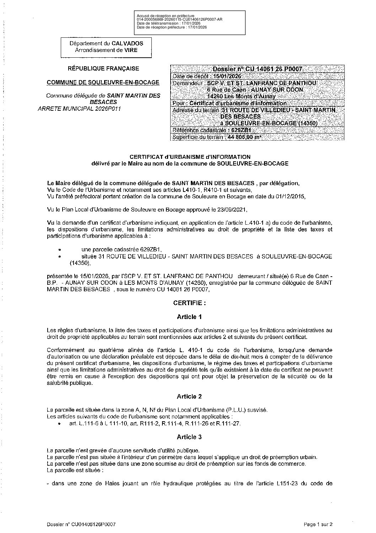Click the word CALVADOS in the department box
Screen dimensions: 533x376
[x=127, y=43]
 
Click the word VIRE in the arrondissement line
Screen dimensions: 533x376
[x=131, y=50]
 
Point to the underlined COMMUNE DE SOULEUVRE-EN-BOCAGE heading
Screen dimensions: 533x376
[x=103, y=82]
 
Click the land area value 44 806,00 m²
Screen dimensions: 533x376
[x=243, y=137]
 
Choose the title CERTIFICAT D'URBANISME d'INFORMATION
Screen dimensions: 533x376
[x=190, y=157]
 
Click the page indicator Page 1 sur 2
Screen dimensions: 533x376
[x=318, y=524]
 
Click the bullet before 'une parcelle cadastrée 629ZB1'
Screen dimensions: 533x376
[x=59, y=250]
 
